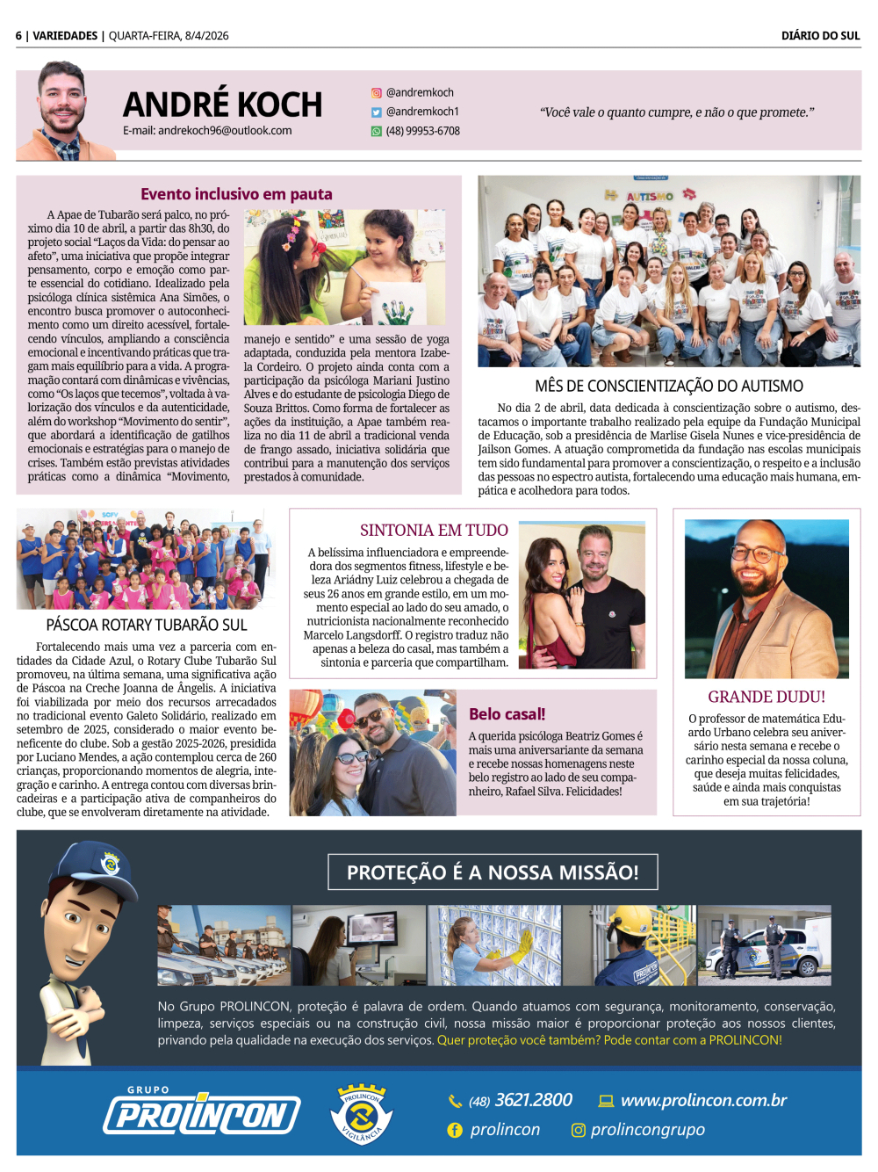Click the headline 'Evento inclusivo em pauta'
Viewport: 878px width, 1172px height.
point(236,194)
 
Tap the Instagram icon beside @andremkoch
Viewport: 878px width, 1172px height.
point(377,93)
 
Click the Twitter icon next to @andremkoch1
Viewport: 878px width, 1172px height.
point(377,112)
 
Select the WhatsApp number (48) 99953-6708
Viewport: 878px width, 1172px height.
point(423,132)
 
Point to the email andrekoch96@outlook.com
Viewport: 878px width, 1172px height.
point(207,131)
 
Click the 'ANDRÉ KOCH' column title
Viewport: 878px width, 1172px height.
point(222,105)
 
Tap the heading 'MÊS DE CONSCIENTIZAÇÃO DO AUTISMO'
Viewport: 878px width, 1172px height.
point(669,387)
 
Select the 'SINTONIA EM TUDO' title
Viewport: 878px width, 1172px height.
point(434,531)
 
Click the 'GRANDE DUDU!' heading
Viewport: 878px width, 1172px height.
point(766,697)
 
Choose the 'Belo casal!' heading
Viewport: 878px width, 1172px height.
point(507,714)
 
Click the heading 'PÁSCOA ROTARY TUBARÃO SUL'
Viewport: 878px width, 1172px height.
point(147,626)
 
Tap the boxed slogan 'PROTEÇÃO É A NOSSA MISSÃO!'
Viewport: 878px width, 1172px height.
point(493,872)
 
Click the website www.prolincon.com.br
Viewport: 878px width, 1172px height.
point(703,1100)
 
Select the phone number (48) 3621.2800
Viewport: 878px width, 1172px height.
point(521,1101)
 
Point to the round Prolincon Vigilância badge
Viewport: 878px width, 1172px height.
point(362,1114)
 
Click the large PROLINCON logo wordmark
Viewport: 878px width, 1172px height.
point(202,1114)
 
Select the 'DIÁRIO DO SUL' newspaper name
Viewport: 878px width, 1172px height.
point(820,36)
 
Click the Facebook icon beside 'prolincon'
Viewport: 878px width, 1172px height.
point(455,1131)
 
